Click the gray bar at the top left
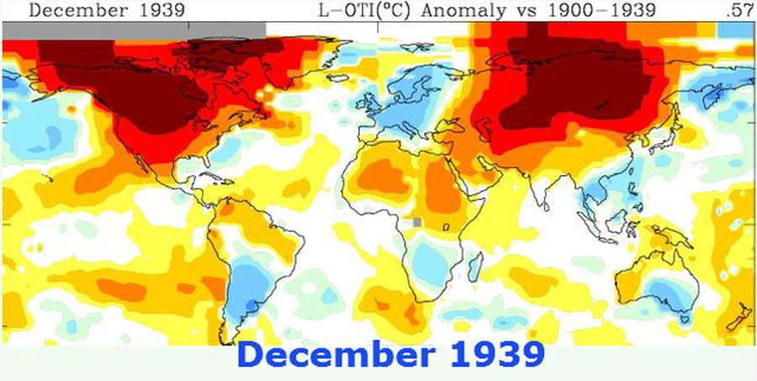point(135,29)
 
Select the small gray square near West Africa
point(416,222)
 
